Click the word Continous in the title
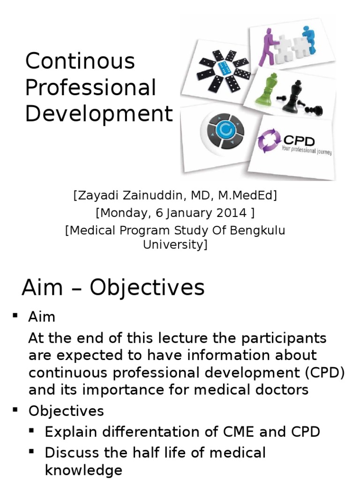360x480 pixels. tap(80, 61)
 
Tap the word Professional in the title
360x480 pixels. tap(90, 88)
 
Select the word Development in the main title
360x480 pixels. tap(99, 114)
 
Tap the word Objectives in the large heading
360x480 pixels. tap(147, 287)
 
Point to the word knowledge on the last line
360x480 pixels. tap(83, 470)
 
